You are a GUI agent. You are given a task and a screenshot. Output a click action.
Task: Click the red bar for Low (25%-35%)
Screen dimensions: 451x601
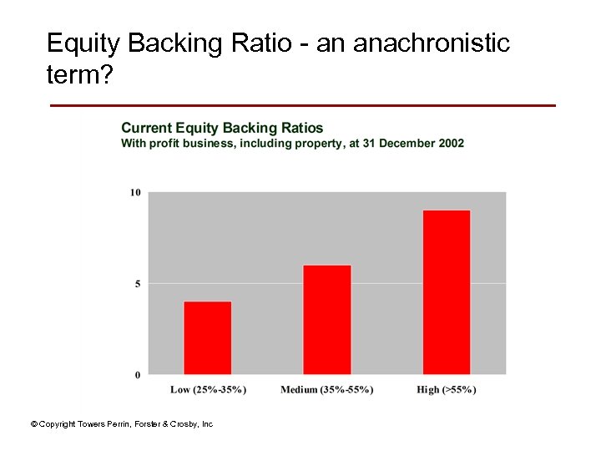click(208, 337)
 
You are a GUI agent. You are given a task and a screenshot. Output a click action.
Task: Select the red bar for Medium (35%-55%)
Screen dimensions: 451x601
click(327, 319)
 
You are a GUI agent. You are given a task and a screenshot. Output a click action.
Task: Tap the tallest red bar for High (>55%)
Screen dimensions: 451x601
click(447, 292)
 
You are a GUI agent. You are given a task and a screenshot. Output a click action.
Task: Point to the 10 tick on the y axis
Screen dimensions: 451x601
click(135, 193)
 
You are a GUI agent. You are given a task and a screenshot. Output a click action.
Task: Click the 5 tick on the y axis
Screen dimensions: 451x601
click(138, 284)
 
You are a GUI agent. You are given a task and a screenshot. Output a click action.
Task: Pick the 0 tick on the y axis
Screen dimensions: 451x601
click(138, 375)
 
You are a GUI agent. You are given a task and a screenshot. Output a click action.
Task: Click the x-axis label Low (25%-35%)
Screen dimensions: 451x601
click(208, 390)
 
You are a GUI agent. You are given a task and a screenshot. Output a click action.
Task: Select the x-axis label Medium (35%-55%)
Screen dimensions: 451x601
click(327, 390)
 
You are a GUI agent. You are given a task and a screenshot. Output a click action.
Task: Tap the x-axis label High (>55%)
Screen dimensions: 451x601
click(447, 390)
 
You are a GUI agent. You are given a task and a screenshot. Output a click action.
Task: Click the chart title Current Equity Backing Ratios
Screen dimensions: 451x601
click(222, 128)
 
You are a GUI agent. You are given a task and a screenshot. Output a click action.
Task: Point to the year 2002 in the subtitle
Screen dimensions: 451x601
click(451, 144)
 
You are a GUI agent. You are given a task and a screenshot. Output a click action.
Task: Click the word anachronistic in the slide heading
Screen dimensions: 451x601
click(432, 43)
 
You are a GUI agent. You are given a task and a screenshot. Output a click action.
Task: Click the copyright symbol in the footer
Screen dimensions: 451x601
click(34, 424)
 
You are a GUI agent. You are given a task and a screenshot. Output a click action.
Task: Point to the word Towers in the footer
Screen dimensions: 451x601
click(88, 424)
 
